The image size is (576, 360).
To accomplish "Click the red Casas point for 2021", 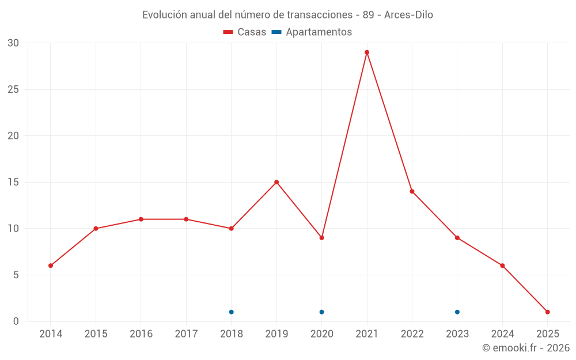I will [367, 52].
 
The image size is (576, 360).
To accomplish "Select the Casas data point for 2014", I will [51, 266].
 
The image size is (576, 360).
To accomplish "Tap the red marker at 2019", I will [276, 182].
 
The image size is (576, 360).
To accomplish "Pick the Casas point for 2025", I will [547, 312].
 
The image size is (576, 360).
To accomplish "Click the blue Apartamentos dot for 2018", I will [232, 312].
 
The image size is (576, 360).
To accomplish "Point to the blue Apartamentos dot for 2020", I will [321, 312].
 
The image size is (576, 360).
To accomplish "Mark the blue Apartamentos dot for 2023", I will [457, 312].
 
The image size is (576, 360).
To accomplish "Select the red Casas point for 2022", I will [412, 191].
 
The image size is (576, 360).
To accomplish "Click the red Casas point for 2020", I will [321, 237].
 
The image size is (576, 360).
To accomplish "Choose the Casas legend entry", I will [245, 32].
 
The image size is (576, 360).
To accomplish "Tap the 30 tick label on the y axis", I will [13, 43].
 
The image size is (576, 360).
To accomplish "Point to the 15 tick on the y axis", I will [13, 182].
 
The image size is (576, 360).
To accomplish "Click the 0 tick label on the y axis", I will [16, 321].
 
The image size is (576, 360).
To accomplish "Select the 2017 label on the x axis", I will [186, 334].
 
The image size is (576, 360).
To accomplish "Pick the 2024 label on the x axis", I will [502, 334].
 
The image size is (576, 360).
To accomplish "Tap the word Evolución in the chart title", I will [165, 14].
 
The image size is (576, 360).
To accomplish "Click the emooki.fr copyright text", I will [525, 348].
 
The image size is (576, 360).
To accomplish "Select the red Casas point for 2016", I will [141, 219].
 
